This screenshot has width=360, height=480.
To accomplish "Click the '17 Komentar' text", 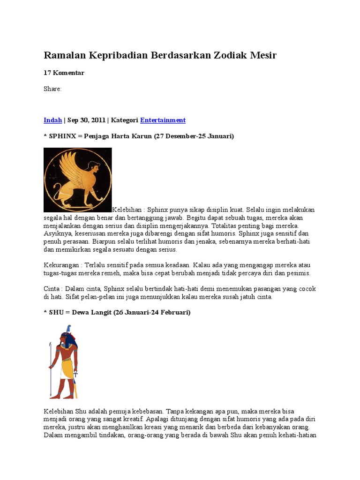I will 64,73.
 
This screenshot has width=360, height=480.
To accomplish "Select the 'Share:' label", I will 52,89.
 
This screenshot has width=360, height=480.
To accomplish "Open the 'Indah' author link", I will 52,120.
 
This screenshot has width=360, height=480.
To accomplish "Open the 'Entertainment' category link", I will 163,120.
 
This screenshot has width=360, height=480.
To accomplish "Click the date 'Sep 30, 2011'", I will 86,120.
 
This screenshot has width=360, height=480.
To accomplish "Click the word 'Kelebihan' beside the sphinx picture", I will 127,210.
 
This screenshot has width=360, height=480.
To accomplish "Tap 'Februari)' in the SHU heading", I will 174,312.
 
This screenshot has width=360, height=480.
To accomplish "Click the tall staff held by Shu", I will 50,370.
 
